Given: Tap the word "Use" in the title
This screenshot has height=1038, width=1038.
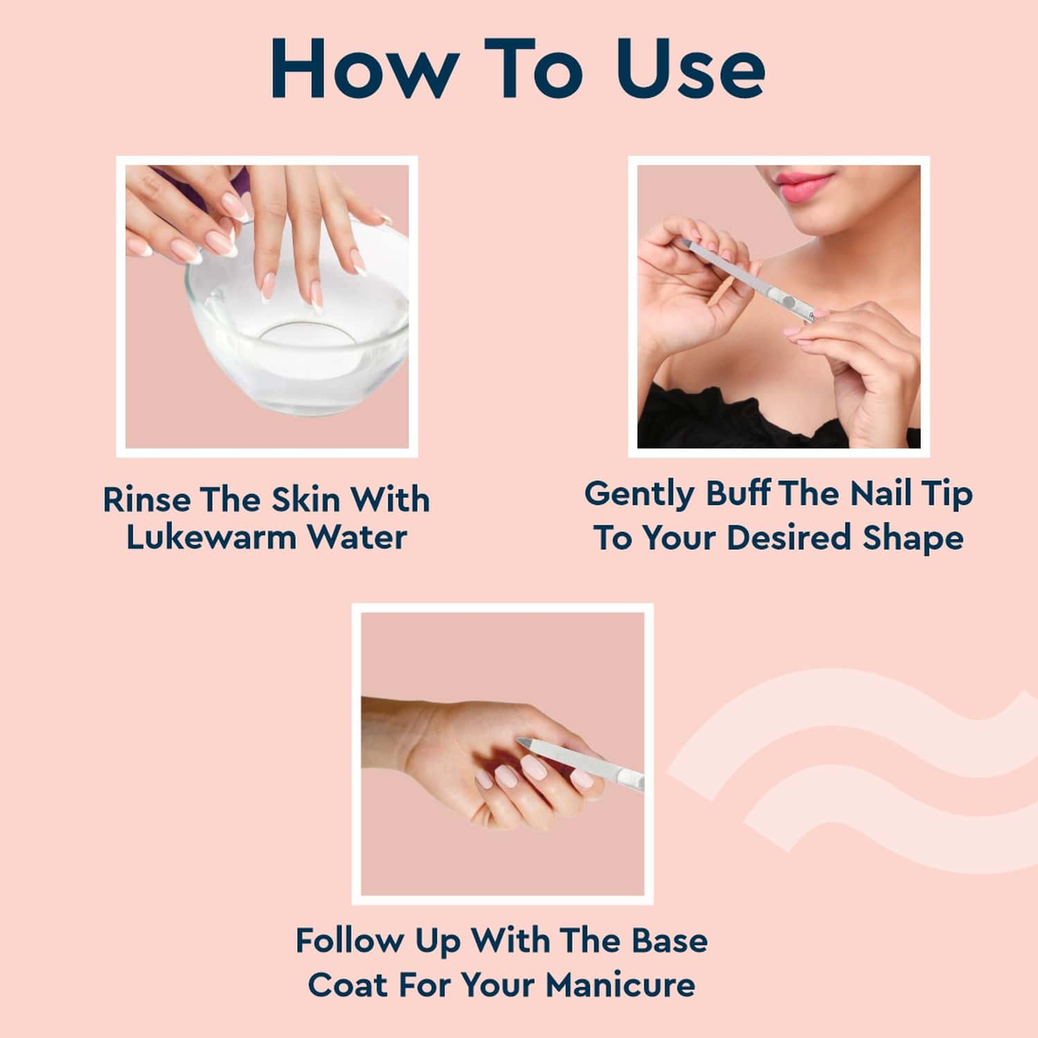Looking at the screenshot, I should (690, 69).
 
